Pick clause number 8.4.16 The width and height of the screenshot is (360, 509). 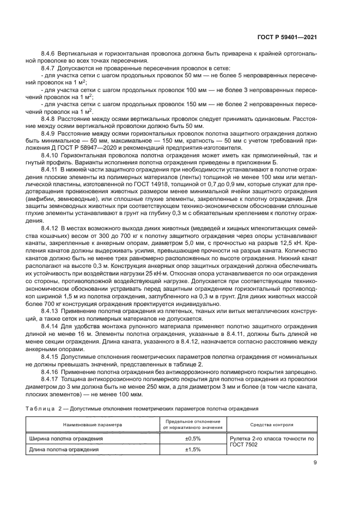click(52, 370)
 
